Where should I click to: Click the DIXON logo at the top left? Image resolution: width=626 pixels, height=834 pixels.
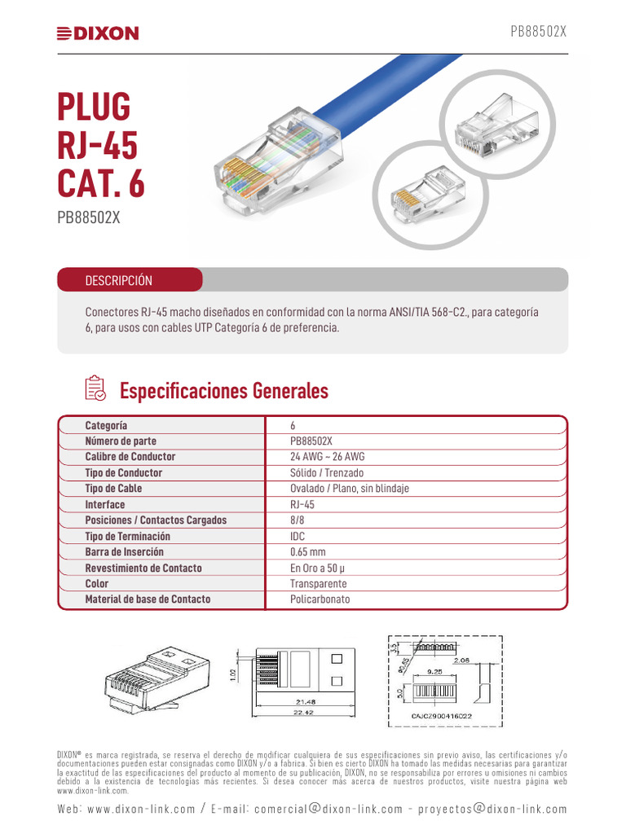[98, 33]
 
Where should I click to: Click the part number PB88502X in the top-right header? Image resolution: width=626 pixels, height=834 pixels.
[538, 32]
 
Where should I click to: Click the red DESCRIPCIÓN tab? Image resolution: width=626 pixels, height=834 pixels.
[119, 280]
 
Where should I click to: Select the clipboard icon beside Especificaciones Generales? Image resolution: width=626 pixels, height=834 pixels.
[95, 388]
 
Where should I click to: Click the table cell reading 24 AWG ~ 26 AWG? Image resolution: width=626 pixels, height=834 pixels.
[327, 457]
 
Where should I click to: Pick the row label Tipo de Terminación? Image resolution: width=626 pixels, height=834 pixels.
[128, 536]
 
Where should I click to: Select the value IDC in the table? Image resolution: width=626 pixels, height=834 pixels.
[298, 536]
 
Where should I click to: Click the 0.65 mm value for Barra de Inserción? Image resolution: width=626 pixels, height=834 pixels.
[307, 552]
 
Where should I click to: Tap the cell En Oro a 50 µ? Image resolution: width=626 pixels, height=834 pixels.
[318, 568]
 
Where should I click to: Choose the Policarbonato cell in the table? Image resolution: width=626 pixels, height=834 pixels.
[320, 599]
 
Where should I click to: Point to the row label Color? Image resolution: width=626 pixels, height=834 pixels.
[96, 584]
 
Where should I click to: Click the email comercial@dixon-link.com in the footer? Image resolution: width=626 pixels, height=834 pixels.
[328, 809]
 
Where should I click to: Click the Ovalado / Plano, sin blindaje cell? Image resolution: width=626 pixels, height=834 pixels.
[349, 489]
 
